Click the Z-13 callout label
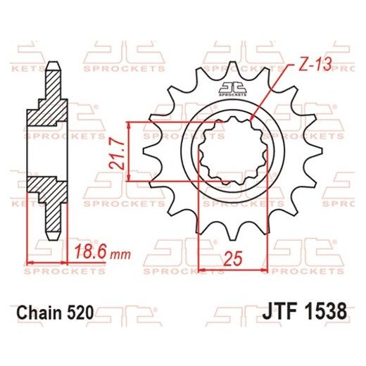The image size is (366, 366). pyautogui.click(x=309, y=63)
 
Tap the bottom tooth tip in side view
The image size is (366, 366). pyautogui.click(x=53, y=233)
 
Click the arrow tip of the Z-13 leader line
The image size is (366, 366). pyautogui.click(x=252, y=119)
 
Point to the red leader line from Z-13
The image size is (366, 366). pyautogui.click(x=271, y=92)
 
